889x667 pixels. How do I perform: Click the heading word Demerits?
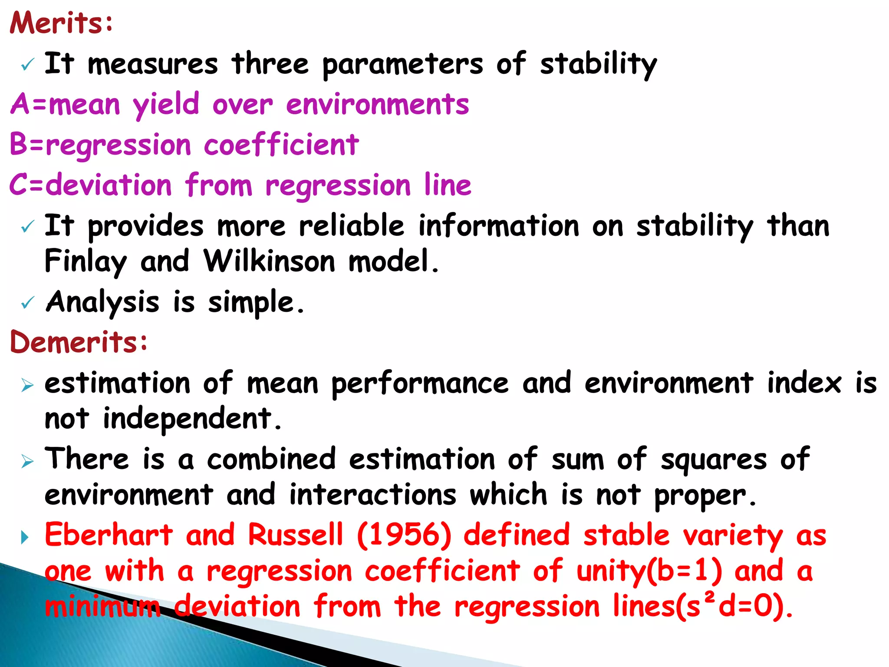(x=78, y=342)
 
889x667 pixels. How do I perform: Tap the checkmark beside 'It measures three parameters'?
(x=27, y=66)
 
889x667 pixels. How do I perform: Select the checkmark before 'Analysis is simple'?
(x=27, y=303)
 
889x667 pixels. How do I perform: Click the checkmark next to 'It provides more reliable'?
(x=27, y=227)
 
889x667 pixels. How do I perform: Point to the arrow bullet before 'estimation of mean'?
(x=27, y=385)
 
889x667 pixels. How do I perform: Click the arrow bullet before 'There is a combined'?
(x=27, y=461)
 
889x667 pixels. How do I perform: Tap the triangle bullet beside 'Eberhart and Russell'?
(x=25, y=538)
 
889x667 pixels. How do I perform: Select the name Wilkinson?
(x=269, y=261)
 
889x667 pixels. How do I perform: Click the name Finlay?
(x=86, y=261)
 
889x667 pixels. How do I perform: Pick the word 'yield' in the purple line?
(x=166, y=105)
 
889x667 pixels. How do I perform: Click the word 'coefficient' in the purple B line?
(x=281, y=145)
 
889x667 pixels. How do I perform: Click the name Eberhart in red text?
(x=109, y=535)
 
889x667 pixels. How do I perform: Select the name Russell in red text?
(x=295, y=535)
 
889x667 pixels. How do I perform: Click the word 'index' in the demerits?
(x=804, y=384)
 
